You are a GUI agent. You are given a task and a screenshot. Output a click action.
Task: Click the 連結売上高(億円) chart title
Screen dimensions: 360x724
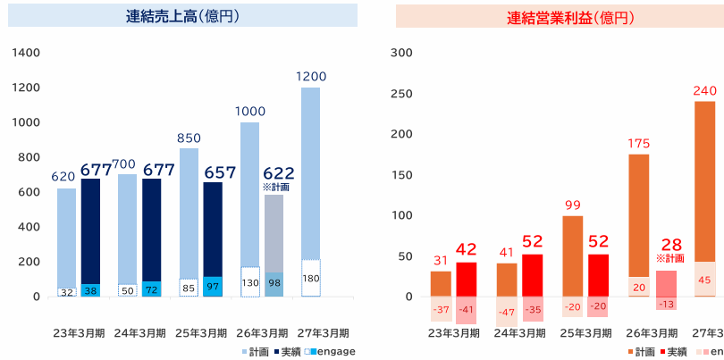pyautogui.click(x=182, y=16)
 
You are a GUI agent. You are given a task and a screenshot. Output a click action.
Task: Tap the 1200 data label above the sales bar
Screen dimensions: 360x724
pyautogui.click(x=311, y=77)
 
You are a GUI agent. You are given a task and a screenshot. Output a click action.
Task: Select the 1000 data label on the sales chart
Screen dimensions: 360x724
pyautogui.click(x=249, y=112)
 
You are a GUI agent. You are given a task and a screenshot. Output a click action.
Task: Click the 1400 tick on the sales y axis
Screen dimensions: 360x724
pyautogui.click(x=27, y=53)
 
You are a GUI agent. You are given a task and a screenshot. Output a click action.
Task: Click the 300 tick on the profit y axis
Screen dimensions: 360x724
pyautogui.click(x=402, y=53)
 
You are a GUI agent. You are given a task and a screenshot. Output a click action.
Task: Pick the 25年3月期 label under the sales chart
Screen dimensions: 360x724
pyautogui.click(x=201, y=332)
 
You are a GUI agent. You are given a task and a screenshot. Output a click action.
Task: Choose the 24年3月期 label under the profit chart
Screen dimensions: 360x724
pyautogui.click(x=520, y=332)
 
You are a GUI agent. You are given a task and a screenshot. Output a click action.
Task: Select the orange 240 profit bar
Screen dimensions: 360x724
pyautogui.click(x=705, y=179)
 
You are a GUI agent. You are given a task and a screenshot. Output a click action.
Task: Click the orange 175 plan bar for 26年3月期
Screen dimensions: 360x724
pyautogui.click(x=638, y=214)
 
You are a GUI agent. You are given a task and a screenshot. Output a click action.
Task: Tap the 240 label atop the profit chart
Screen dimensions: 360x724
pyautogui.click(x=705, y=90)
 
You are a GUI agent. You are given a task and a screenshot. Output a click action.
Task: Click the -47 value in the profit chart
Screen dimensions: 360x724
pyautogui.click(x=507, y=312)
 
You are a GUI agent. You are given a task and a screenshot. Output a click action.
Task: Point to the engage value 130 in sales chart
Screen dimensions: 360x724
pyautogui.click(x=250, y=282)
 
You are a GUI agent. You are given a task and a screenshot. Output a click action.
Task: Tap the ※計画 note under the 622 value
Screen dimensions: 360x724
pyautogui.click(x=276, y=188)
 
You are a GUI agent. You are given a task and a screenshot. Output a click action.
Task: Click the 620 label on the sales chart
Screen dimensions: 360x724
pyautogui.click(x=63, y=178)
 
